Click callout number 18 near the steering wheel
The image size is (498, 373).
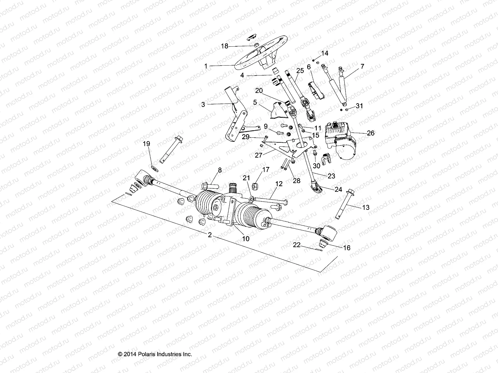point(224,46)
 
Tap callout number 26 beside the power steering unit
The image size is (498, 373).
point(371,133)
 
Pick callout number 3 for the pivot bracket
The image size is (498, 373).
point(203,105)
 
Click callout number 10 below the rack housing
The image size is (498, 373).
point(246,238)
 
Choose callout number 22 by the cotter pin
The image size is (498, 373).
point(297,245)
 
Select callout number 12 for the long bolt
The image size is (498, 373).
point(279,184)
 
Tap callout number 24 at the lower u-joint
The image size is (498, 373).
point(338,189)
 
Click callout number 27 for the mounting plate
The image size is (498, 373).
point(259,155)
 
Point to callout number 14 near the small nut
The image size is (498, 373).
point(325,53)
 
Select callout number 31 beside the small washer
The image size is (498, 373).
point(359,106)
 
